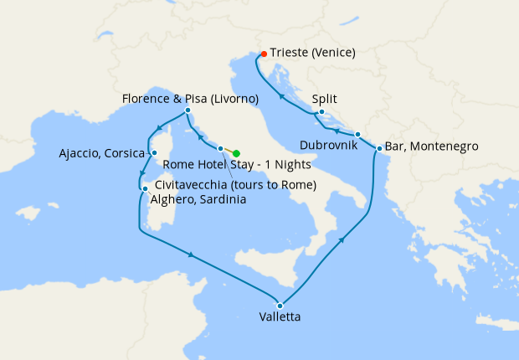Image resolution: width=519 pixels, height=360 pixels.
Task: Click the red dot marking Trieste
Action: [265, 54]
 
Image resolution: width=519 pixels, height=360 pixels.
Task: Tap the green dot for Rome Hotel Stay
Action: [237, 153]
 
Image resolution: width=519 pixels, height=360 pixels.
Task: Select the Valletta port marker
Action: [280, 305]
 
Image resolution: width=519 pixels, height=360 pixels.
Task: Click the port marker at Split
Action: [321, 111]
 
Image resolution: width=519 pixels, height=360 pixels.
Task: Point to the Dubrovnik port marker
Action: [357, 134]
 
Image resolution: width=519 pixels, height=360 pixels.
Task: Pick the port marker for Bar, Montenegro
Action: [379, 149]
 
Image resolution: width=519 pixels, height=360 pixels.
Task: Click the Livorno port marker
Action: [188, 111]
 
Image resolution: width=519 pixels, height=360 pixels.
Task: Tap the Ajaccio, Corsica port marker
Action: [153, 152]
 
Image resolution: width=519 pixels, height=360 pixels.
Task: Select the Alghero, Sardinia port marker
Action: [144, 189]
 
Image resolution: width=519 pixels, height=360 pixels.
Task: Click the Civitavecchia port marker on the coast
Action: [220, 149]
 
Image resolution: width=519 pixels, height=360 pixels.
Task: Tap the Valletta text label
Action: [280, 317]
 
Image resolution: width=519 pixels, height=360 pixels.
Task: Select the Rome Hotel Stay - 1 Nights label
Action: [236, 164]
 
